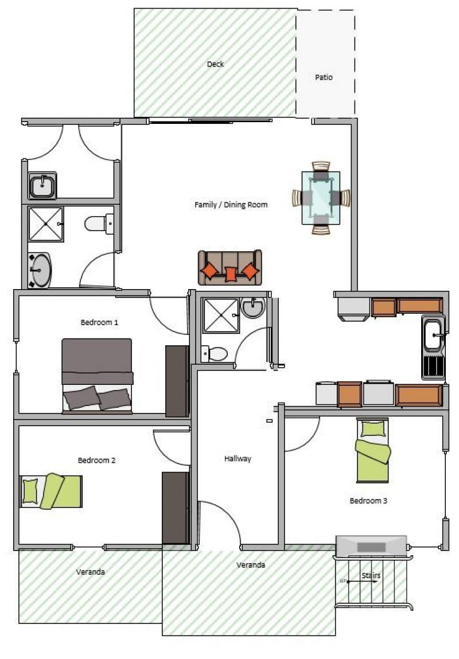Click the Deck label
(215, 64)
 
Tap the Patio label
(324, 77)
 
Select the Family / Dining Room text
(231, 205)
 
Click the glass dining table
(321, 197)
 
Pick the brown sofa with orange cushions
(230, 267)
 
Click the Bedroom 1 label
(99, 322)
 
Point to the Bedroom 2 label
(96, 460)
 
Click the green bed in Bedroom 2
(51, 491)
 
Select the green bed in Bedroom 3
(373, 451)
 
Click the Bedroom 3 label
(368, 501)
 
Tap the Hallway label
(238, 458)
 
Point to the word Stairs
(371, 575)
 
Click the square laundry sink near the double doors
(42, 185)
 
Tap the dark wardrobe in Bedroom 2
(176, 508)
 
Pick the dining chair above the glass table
(321, 166)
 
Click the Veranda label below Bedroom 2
(91, 572)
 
